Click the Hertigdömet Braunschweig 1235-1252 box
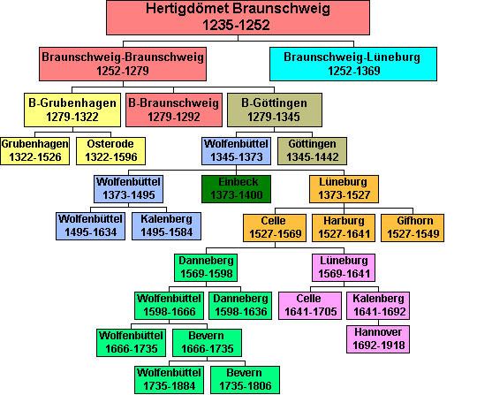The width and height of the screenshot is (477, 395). pos(238,18)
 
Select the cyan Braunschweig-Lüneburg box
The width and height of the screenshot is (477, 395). pos(353,64)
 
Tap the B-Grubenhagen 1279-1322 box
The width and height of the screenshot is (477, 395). pos(72,110)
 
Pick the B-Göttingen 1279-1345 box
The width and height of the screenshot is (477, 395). pos(275,110)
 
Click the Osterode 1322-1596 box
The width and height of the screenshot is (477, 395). pos(110,151)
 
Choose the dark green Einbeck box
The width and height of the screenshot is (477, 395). pos(237,189)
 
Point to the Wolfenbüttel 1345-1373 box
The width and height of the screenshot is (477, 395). pos(237,151)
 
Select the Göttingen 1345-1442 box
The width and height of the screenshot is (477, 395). pos(312,151)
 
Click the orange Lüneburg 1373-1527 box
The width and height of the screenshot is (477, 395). pos(344,189)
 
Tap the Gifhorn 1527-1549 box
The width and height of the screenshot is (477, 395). pos(413,228)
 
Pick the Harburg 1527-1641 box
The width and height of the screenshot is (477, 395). pos(344,228)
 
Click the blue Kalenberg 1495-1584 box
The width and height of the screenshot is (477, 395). pos(166,226)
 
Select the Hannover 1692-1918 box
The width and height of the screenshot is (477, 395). pos(378,339)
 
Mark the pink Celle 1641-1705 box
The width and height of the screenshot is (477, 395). pos(310,306)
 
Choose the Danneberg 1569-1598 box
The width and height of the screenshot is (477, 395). pos(206,268)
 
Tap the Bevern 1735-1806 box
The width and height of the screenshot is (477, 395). pos(245,380)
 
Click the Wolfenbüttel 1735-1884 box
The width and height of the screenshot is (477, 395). pos(169,380)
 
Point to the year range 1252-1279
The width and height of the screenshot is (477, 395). pos(123,71)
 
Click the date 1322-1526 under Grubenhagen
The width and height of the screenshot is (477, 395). pos(35,157)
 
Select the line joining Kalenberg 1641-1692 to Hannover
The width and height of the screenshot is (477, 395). pos(378,323)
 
